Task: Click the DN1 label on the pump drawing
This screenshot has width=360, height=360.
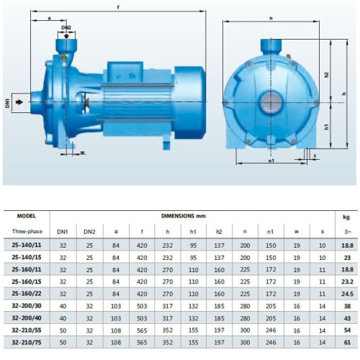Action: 9,103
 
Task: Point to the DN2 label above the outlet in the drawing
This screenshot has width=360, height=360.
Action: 66,27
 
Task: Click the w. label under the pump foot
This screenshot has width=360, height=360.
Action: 83,153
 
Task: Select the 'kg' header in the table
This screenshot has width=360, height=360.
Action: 346,215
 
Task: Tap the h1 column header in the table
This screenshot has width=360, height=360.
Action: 193,230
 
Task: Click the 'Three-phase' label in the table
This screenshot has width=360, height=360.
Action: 25,230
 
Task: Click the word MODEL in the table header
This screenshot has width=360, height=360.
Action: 25,215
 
